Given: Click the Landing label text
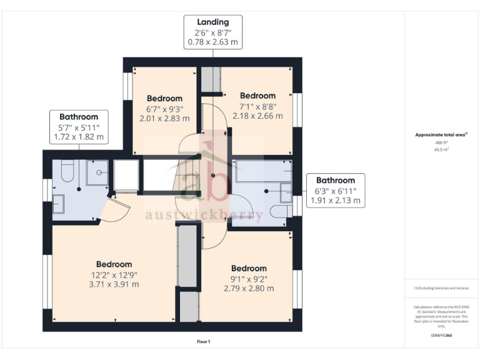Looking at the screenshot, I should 212,22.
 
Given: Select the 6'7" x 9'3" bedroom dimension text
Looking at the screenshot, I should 164,113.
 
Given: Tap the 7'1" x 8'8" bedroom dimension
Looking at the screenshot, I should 257,111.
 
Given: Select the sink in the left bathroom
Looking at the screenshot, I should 57,204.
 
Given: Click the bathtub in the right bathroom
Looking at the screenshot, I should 262,171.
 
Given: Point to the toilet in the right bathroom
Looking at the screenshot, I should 280,212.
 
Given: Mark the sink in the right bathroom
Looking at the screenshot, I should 286,194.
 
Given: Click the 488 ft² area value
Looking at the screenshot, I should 441,143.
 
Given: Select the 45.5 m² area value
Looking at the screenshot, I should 441,150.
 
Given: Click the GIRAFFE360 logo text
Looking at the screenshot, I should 441,336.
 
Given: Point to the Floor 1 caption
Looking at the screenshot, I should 203,342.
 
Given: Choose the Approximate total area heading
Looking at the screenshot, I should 441,135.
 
